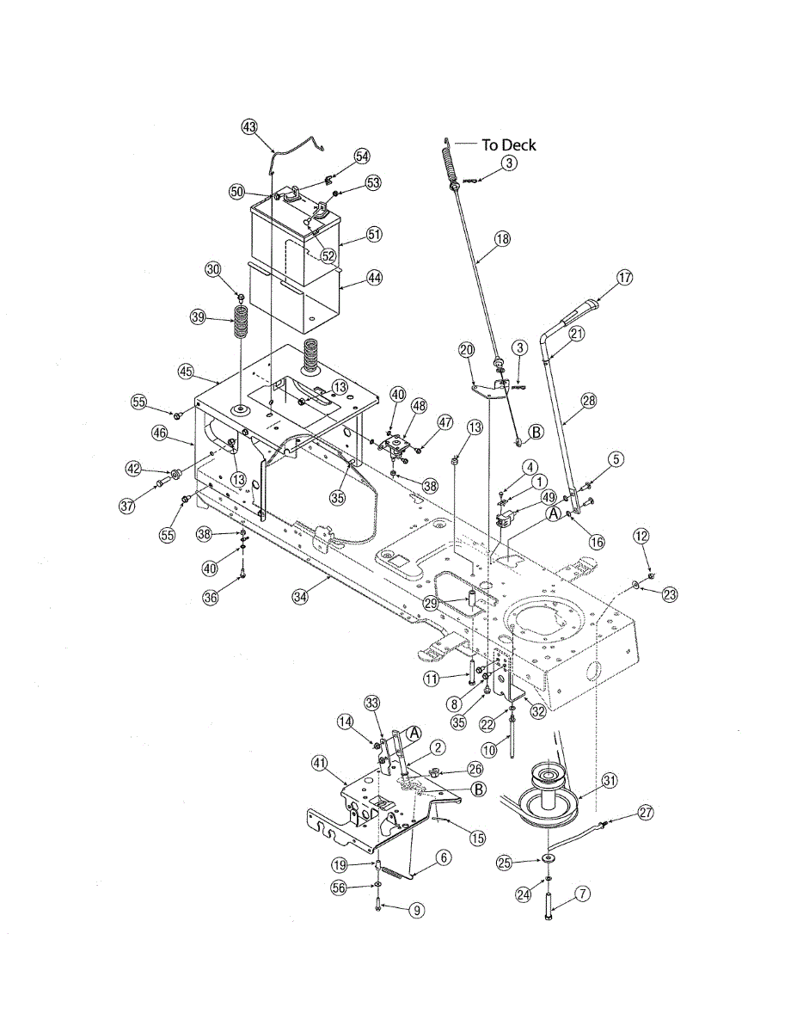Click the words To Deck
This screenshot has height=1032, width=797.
[509, 144]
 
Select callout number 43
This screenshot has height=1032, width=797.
[249, 127]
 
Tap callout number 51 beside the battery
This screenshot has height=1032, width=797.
[375, 234]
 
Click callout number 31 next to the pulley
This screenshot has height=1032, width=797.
[610, 780]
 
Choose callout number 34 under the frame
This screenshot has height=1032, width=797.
[300, 597]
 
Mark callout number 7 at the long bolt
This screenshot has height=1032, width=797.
[582, 894]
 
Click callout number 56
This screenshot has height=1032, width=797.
[339, 888]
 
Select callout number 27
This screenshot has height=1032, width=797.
[646, 813]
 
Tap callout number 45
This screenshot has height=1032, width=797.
[186, 372]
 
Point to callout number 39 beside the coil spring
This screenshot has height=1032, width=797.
[198, 316]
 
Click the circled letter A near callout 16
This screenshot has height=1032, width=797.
[554, 514]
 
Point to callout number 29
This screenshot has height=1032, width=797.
[432, 604]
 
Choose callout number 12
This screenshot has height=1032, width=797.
[641, 537]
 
